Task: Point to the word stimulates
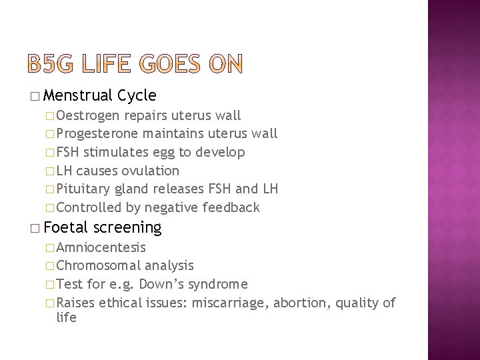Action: (x=119, y=152)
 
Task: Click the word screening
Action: (x=128, y=228)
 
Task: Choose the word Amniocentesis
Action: (x=102, y=248)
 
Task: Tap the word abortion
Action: (x=301, y=303)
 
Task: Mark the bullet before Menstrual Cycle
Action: (x=43, y=96)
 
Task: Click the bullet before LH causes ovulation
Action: (x=52, y=171)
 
